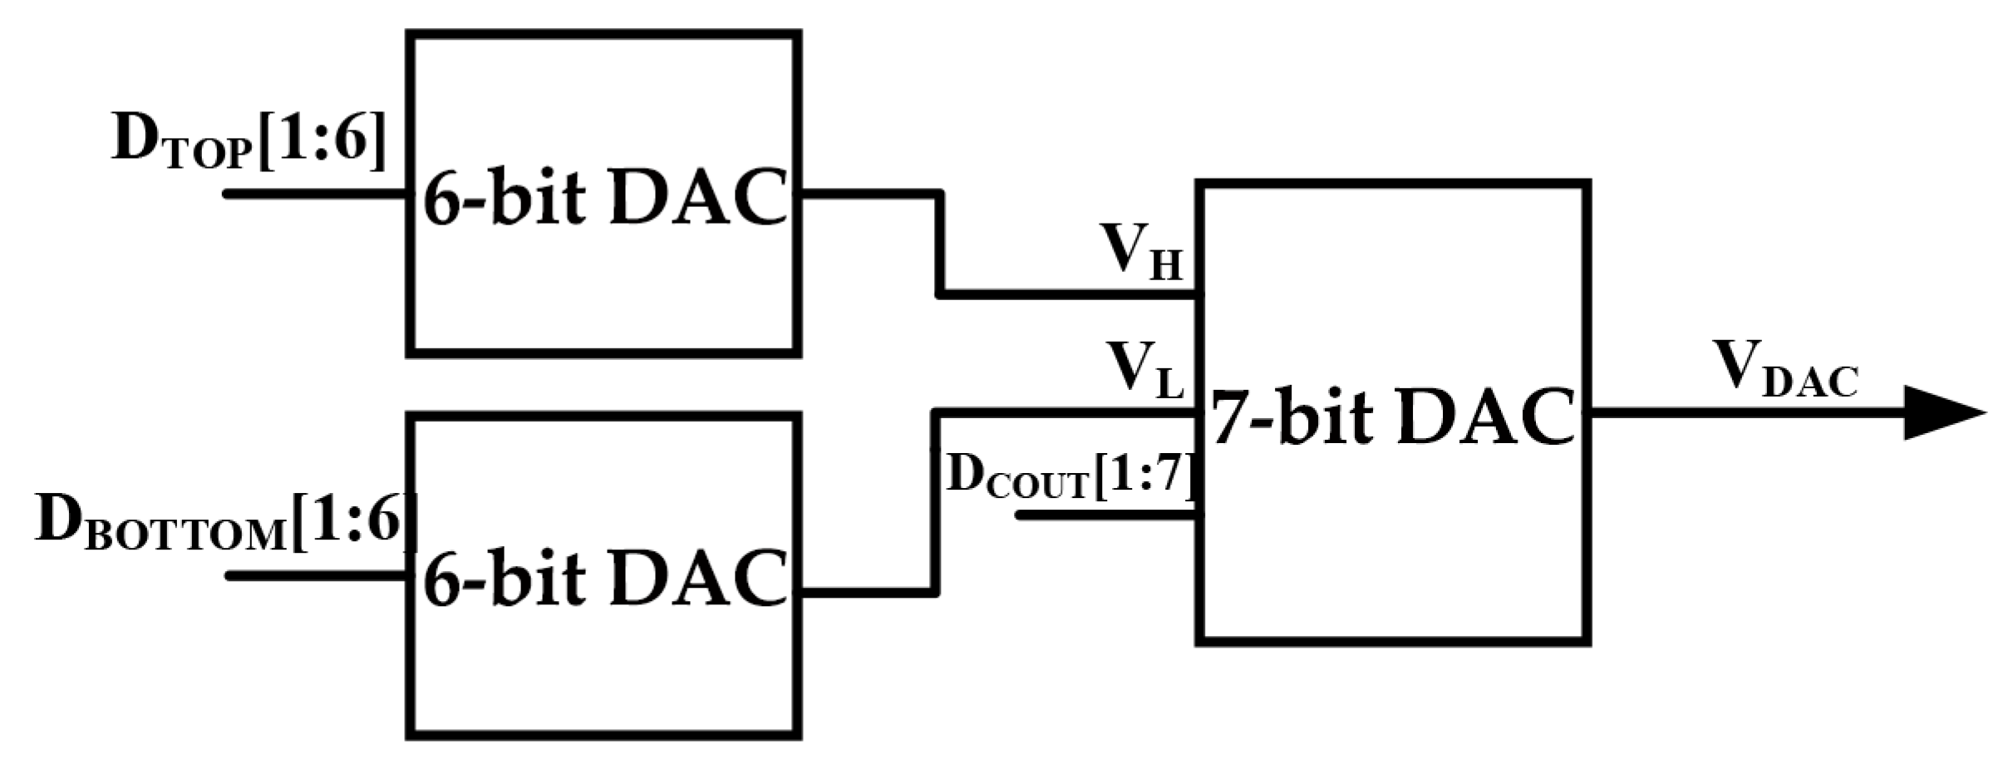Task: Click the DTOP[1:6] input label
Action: click(x=249, y=143)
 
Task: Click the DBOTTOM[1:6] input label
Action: click(x=224, y=524)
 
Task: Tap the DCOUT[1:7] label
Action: click(x=1070, y=476)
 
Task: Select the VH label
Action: click(x=1140, y=251)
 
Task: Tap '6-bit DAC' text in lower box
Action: click(x=604, y=576)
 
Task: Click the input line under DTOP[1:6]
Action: click(x=316, y=194)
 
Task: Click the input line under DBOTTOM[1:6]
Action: click(x=316, y=574)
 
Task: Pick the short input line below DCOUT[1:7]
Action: click(x=1105, y=515)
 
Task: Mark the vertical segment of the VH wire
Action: click(x=940, y=245)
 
